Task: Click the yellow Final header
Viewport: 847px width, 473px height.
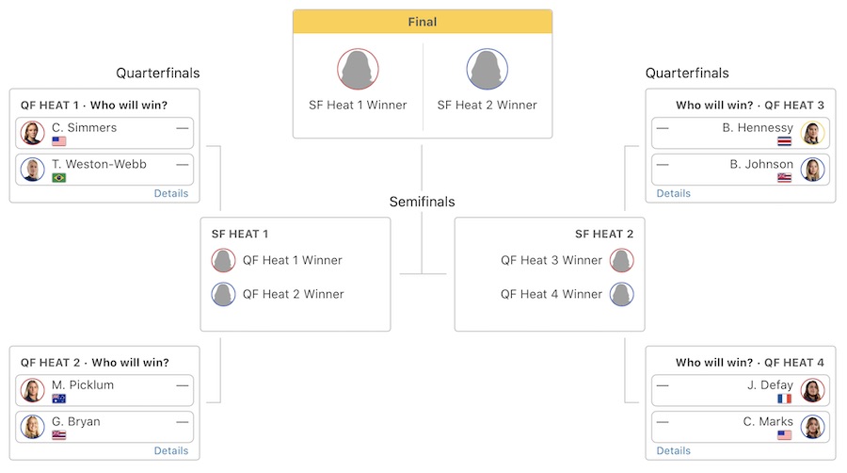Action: (422, 22)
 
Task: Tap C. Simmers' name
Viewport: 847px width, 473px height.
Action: (84, 127)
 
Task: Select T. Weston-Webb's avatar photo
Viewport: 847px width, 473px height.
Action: (33, 170)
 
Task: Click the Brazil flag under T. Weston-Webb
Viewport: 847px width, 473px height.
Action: (58, 178)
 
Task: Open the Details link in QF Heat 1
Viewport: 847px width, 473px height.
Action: (171, 193)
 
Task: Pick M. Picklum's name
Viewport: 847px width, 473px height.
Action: (82, 384)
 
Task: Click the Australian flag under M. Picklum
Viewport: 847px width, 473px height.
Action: (58, 399)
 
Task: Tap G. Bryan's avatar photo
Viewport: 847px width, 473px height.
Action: (33, 427)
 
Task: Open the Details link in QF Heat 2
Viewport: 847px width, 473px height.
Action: (171, 450)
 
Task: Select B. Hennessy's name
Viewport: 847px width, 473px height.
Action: (758, 127)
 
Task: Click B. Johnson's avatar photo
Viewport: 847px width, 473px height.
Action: (812, 170)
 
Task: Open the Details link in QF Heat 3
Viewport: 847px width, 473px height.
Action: (673, 193)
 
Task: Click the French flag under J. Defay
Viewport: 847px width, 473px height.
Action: (785, 399)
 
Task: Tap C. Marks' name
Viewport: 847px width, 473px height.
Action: (768, 421)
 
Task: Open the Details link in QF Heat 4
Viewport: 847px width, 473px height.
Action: (673, 450)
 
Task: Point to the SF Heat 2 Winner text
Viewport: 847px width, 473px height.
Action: (487, 105)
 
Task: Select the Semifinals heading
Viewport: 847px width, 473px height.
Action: (422, 202)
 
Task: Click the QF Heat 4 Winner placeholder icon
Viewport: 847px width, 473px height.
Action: (621, 294)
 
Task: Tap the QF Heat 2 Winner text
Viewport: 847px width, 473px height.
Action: (293, 294)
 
